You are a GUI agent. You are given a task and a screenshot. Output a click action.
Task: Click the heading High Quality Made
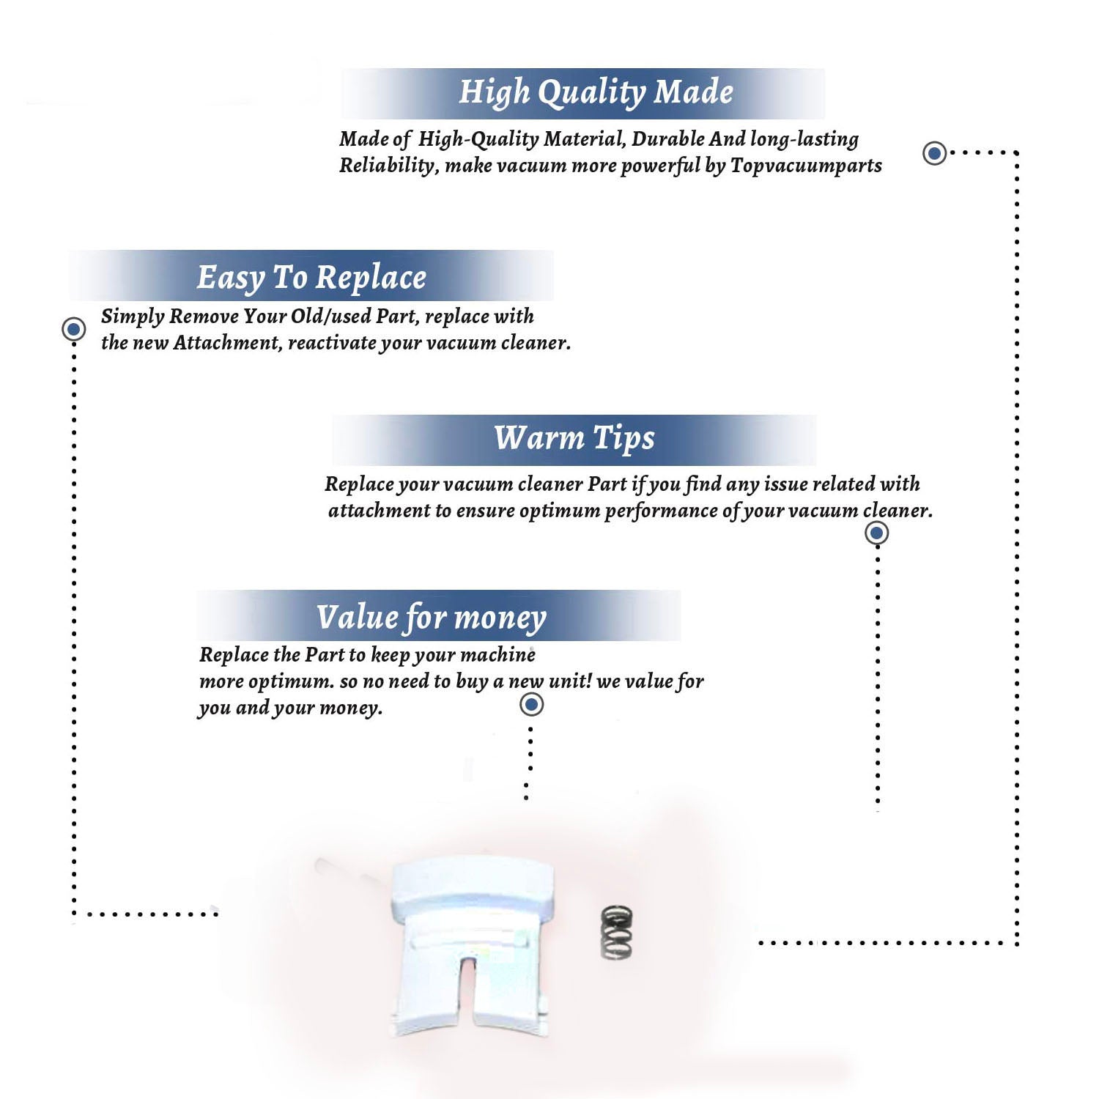pos(596,93)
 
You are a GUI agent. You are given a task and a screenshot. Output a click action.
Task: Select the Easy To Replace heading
pos(311,278)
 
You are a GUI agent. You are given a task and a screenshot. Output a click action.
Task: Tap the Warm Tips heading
pos(574,438)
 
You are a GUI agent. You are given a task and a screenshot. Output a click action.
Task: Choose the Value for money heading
pos(432,617)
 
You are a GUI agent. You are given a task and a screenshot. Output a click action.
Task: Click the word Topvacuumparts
pos(806,166)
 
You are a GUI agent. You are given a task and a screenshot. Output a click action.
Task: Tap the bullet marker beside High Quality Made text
pos(934,153)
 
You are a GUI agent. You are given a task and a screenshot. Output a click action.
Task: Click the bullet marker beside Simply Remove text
pos(73,329)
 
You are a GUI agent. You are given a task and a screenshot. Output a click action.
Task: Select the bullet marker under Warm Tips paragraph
pos(877,533)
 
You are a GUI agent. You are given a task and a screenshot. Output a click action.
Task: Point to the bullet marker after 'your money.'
pos(531,705)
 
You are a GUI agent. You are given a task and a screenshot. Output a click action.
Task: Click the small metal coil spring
pos(616,932)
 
